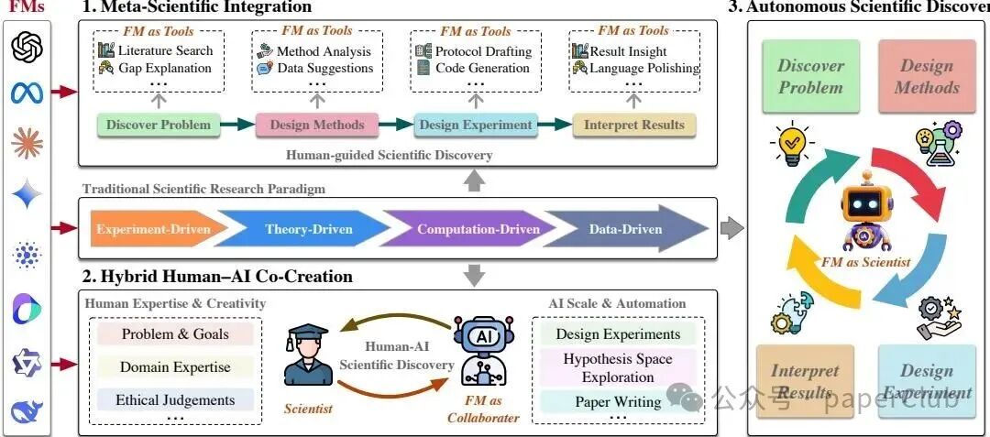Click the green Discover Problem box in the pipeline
(x=159, y=125)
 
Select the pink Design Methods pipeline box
(x=317, y=125)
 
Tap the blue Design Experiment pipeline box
(x=476, y=125)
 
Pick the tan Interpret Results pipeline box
(x=634, y=125)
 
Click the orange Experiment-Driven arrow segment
(x=152, y=229)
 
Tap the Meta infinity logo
(x=27, y=93)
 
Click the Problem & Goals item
(x=175, y=334)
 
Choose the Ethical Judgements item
(x=175, y=400)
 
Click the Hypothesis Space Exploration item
(x=618, y=368)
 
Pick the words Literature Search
(x=165, y=51)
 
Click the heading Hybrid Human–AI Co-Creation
(x=217, y=276)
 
